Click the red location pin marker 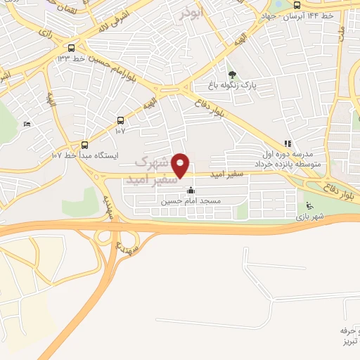(x=181, y=165)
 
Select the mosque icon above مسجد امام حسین (x=191, y=190)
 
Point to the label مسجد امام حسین (x=192, y=201)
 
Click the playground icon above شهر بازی (x=310, y=207)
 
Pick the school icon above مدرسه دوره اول (x=287, y=143)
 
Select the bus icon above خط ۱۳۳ (x=71, y=48)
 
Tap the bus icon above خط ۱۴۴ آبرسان (x=297, y=6)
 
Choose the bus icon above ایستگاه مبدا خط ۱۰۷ (x=85, y=145)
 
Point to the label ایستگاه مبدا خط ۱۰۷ (x=86, y=155)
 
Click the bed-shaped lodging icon (x=27, y=124)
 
